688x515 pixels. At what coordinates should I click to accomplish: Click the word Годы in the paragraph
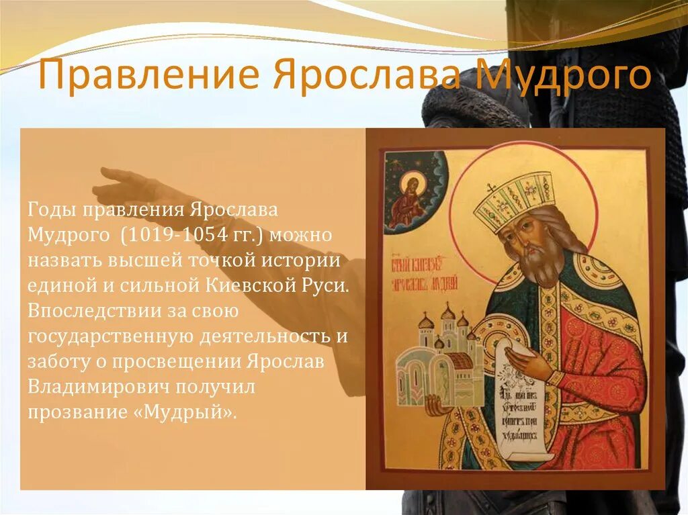click(52, 209)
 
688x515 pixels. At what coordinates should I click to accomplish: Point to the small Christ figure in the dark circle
click(411, 198)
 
